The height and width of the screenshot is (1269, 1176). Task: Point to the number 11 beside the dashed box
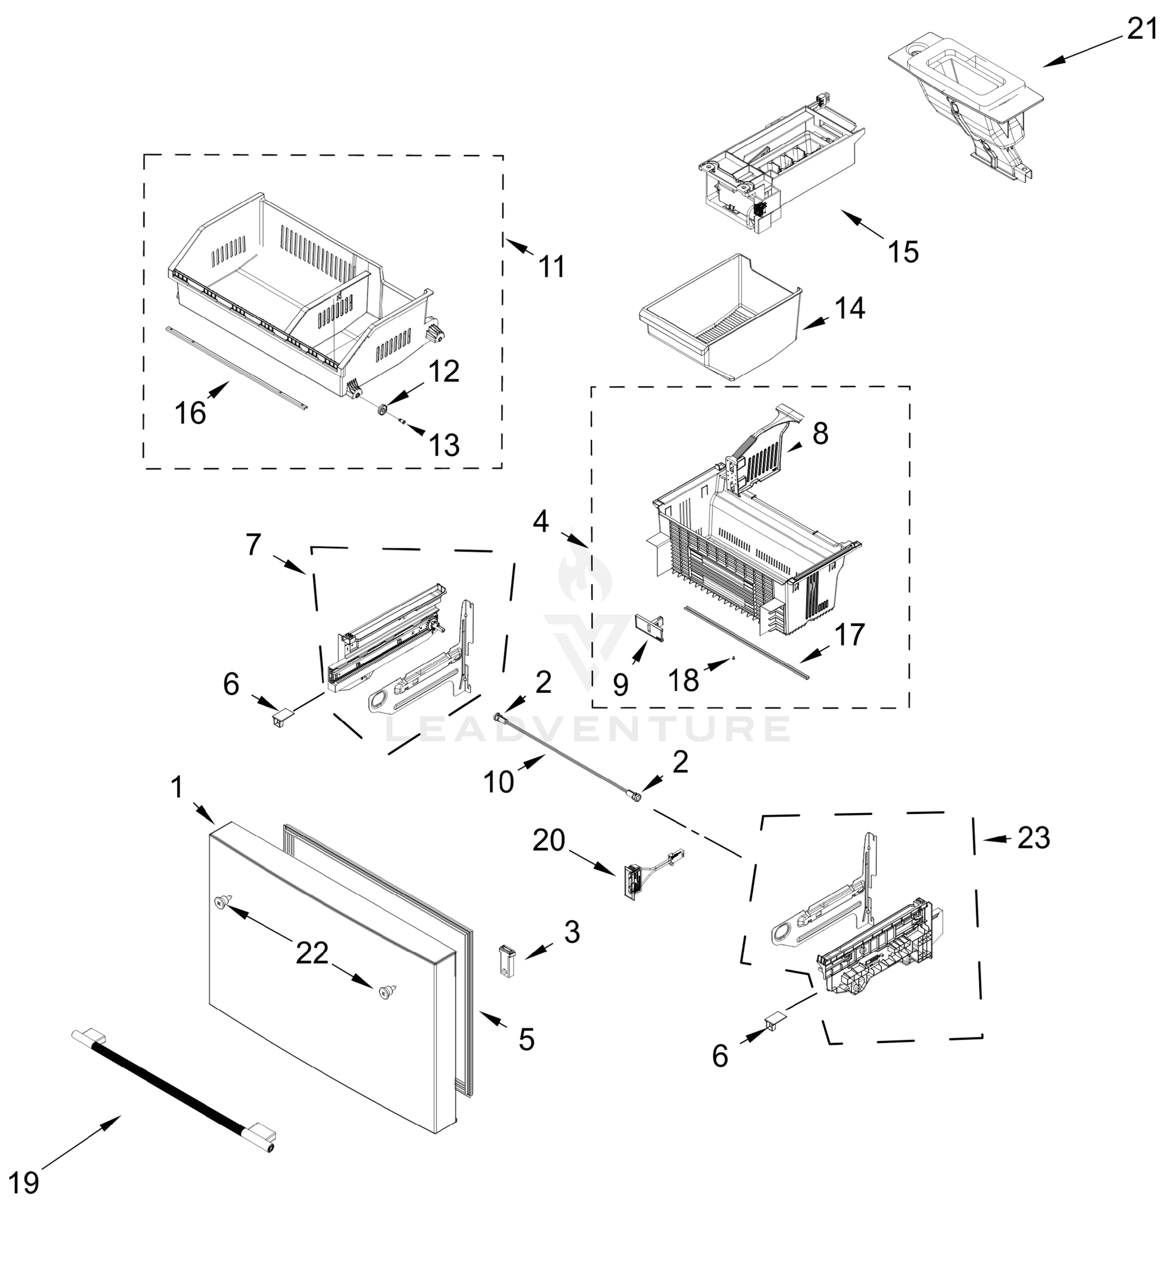(552, 266)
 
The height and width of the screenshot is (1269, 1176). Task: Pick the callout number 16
(190, 413)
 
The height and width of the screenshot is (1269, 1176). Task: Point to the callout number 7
(253, 545)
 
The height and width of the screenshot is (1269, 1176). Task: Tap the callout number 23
(1034, 839)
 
